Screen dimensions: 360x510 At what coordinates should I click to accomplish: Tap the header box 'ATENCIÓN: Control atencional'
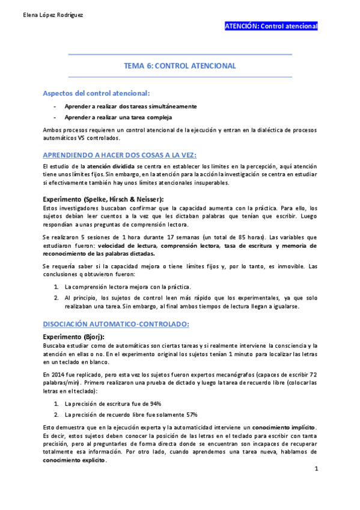[x=270, y=26]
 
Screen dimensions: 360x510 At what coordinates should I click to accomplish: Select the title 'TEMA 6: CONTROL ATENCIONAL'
[x=180, y=66]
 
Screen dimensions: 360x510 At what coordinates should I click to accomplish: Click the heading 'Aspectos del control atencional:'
[x=96, y=94]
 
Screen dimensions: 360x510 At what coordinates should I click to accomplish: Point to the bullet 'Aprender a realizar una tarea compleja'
[x=118, y=117]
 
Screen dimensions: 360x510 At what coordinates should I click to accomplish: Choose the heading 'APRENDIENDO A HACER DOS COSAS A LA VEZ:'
[x=111, y=154]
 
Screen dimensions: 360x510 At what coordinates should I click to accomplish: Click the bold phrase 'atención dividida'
[x=111, y=166]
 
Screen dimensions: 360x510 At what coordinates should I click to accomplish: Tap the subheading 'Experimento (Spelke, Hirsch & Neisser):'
[x=103, y=198]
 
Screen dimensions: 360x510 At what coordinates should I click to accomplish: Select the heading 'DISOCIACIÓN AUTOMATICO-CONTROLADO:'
[x=115, y=324]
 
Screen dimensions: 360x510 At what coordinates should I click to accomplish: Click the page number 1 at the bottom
[x=316, y=468]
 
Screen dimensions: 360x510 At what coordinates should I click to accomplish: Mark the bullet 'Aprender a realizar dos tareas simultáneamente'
[x=130, y=106]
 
